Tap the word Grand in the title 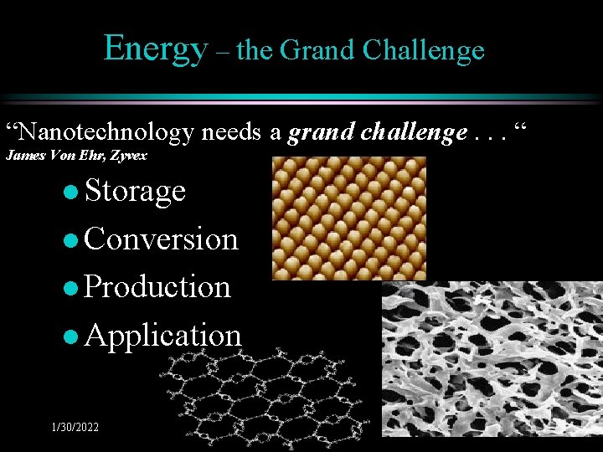317,50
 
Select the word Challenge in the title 424,50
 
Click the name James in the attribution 23,155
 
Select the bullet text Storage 135,191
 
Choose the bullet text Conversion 162,239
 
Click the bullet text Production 157,286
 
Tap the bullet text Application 162,335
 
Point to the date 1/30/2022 75,427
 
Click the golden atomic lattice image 348,218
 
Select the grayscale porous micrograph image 492,366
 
